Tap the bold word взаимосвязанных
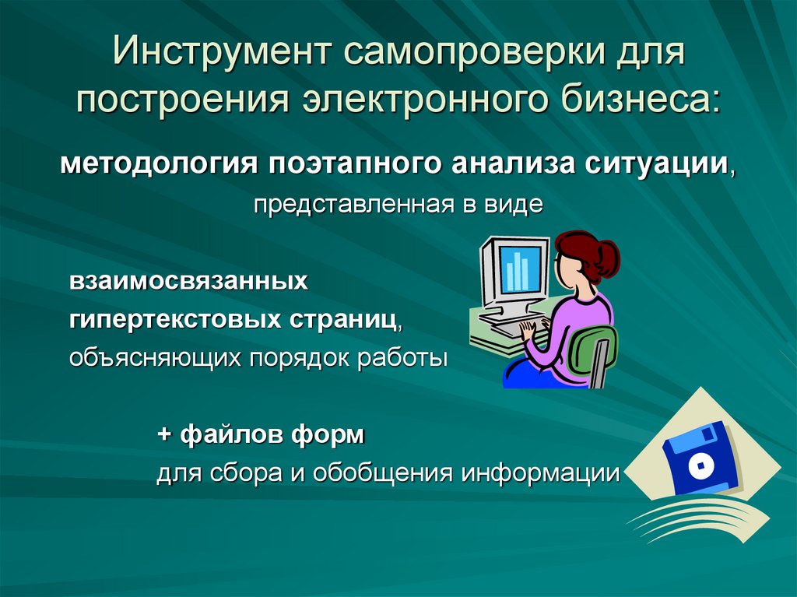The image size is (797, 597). (188, 280)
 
